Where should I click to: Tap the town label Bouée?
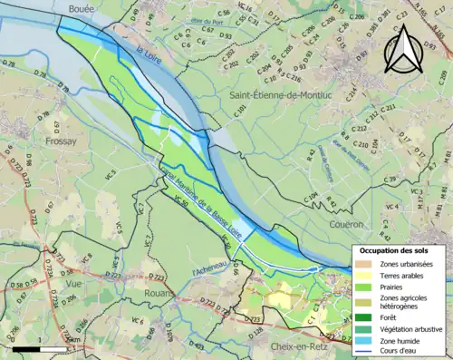tap(83, 8)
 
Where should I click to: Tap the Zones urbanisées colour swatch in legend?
tap(360, 263)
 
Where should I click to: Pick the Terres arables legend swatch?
tap(360, 275)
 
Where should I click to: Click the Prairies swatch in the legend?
tap(360, 287)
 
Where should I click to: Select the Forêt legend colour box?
tap(360, 316)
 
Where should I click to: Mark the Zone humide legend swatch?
tap(360, 340)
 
